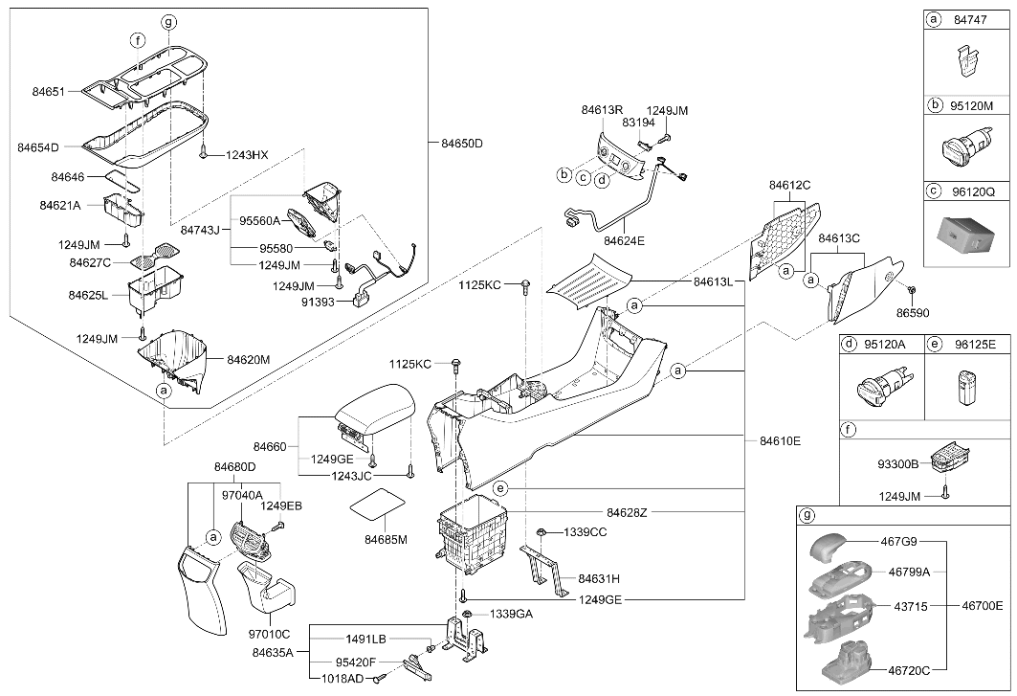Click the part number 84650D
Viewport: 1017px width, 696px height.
[x=462, y=143]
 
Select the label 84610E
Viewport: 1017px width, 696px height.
[x=781, y=440]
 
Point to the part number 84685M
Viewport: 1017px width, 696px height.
[x=386, y=540]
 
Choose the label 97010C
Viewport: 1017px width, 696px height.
[x=269, y=634]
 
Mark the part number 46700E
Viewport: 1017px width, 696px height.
[x=982, y=606]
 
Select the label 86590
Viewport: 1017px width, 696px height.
[x=913, y=313]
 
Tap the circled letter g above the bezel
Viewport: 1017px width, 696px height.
[x=168, y=23]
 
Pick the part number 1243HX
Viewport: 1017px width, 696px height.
[x=247, y=155]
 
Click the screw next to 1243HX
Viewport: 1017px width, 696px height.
[x=205, y=152]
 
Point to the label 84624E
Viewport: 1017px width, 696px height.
[x=625, y=240]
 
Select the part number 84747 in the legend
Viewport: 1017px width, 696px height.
[x=970, y=19]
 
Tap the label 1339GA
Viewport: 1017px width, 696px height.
[x=511, y=614]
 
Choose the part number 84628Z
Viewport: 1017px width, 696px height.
[x=628, y=513]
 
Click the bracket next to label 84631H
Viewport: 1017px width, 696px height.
[x=543, y=570]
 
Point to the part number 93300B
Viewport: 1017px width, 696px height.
[x=898, y=464]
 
